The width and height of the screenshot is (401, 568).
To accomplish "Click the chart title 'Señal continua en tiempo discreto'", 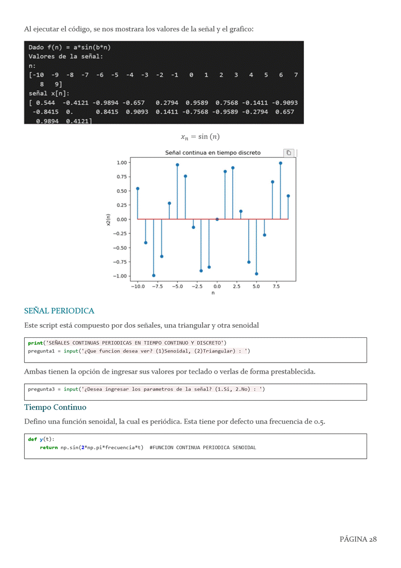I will tap(213, 152).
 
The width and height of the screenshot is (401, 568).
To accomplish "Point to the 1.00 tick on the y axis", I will tap(121, 163).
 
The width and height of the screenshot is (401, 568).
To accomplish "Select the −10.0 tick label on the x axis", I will tap(138, 286).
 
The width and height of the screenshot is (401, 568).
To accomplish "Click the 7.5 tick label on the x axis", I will tap(276, 286).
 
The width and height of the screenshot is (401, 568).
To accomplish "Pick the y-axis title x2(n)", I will tap(108, 220).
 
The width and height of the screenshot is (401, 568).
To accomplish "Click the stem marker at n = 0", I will tap(217, 219).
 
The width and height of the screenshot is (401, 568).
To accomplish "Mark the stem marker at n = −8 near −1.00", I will tap(154, 276).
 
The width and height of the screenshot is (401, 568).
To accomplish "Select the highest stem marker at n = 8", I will tap(281, 163).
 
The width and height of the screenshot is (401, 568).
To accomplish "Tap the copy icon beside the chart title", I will tap(288, 152).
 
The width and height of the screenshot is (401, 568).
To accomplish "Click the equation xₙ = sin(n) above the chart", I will tap(200, 137).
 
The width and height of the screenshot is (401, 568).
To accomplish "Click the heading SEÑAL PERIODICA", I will tap(59, 311).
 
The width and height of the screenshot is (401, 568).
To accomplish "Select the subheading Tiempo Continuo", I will tap(55, 407).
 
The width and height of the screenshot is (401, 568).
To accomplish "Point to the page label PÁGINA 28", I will tap(358, 539).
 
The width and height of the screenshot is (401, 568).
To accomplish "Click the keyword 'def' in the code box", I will tap(32, 439).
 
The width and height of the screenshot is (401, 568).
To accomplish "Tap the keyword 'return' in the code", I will tap(49, 447).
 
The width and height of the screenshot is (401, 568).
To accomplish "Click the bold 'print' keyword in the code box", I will tap(35, 343).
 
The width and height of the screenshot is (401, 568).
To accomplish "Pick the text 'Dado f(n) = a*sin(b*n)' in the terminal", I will tap(70, 47).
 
